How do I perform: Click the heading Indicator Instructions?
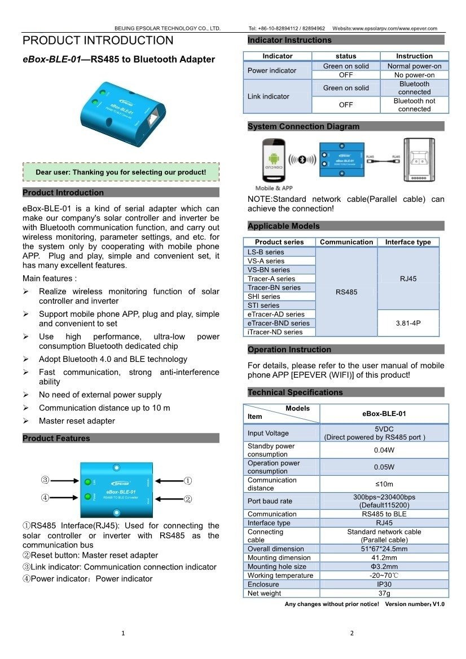pos(290,40)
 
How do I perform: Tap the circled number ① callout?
pos(188,481)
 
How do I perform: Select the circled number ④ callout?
pos(45,498)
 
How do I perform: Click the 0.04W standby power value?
pos(384,450)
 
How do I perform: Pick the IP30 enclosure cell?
pos(384,585)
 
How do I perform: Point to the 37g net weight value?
pos(384,593)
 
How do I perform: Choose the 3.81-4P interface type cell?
pos(408,323)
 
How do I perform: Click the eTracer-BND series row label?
pos(279,323)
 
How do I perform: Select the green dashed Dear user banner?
pos(121,172)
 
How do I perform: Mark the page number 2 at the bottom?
pos(351,633)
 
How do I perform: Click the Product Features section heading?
pos(56,438)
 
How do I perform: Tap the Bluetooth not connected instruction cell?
pos(414,105)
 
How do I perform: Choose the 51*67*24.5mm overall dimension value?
pos(384,549)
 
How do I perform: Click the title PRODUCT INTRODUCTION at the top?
pos(98,41)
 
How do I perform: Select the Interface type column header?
pos(408,242)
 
